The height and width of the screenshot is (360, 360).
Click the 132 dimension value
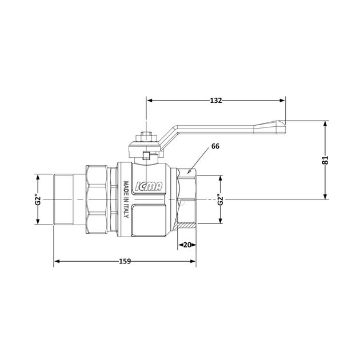click(216, 101)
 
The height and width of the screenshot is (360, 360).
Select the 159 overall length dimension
click(125, 261)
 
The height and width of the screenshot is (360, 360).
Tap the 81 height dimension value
click(325, 160)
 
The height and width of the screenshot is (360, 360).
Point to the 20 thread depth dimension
click(187, 245)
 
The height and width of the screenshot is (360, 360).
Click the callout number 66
click(215, 146)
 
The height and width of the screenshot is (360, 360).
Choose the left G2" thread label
click(38, 200)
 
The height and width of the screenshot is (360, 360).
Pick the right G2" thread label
click(221, 200)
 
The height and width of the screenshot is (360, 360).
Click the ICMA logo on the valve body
click(149, 186)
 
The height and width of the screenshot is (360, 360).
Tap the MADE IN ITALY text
click(126, 199)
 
